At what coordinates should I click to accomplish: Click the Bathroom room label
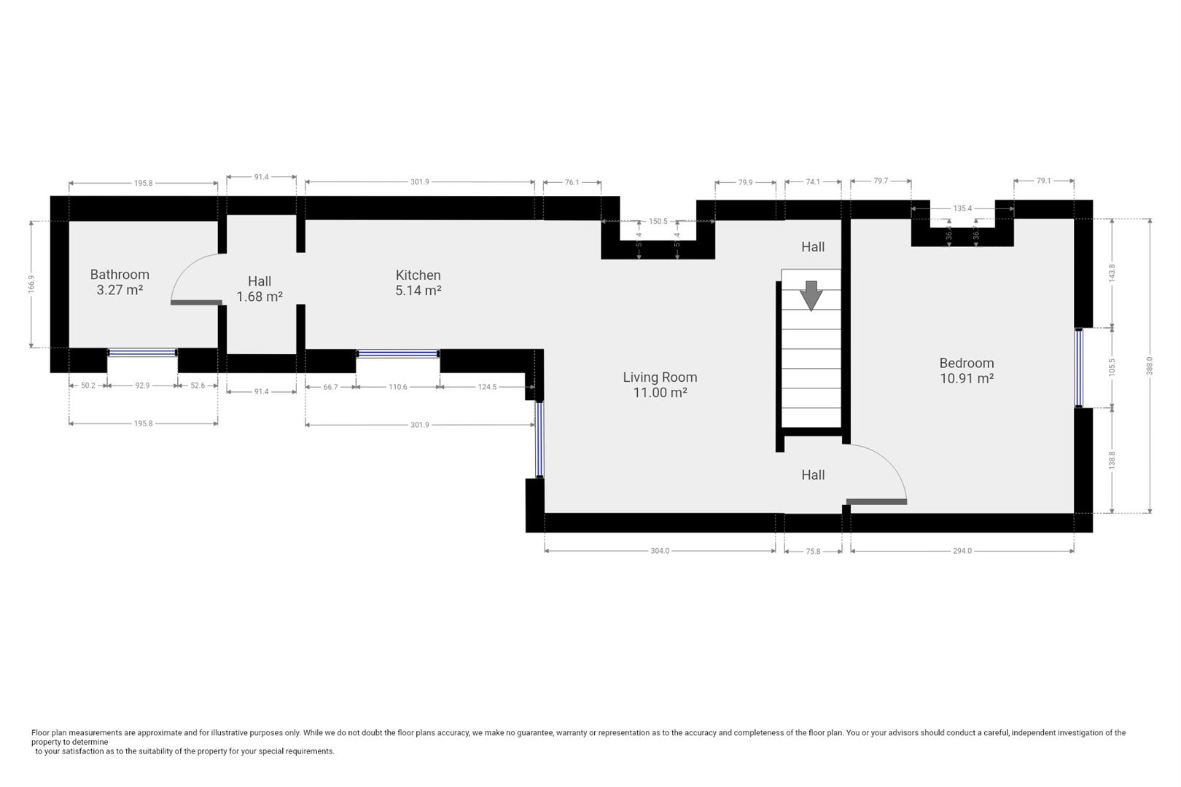(x=120, y=275)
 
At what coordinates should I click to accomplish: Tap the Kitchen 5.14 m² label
(x=418, y=283)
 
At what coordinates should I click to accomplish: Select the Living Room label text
(x=660, y=377)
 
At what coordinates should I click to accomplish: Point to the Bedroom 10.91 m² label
(x=966, y=370)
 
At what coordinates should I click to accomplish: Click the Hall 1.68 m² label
(x=260, y=289)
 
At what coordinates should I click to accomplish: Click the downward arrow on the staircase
(x=811, y=295)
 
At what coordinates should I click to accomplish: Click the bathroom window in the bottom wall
(x=142, y=353)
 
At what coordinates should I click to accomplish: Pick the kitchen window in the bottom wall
(x=398, y=354)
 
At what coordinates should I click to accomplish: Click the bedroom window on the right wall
(x=1079, y=368)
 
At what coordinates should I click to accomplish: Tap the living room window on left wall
(x=539, y=439)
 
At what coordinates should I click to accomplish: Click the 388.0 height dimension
(x=1150, y=365)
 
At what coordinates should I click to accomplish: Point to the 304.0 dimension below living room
(x=660, y=551)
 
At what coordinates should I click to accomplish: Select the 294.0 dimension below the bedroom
(x=962, y=551)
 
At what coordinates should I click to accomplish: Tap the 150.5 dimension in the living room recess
(x=658, y=222)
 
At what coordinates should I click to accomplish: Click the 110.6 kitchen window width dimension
(x=398, y=387)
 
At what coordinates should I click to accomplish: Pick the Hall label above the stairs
(x=813, y=247)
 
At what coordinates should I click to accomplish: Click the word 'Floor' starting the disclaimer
(x=40, y=733)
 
